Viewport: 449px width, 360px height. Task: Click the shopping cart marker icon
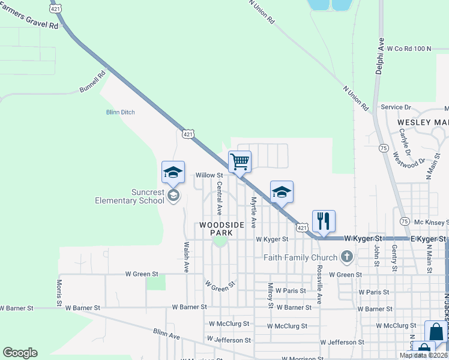[x=240, y=161]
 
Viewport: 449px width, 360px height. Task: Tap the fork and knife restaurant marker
[x=324, y=221]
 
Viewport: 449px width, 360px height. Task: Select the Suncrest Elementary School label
[x=130, y=196]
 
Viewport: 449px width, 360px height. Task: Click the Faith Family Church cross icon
[x=346, y=257]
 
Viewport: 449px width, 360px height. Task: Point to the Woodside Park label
[x=221, y=228]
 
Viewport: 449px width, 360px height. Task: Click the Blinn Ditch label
[x=121, y=112]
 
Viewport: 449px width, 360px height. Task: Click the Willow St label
[x=209, y=175]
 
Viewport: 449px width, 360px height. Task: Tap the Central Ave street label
[x=220, y=199]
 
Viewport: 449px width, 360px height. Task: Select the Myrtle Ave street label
[x=253, y=212]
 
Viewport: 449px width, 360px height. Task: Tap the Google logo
[x=20, y=353]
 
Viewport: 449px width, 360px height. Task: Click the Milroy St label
[x=271, y=296]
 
